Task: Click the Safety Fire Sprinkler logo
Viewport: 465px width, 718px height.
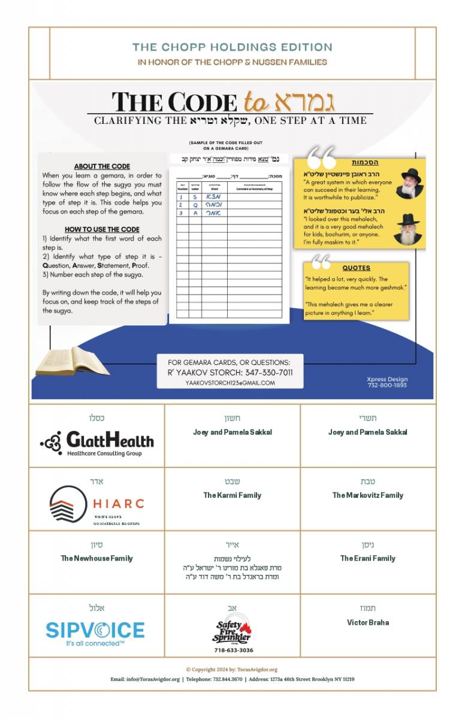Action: tap(233, 631)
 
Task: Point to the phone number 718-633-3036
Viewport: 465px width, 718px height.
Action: tap(233, 650)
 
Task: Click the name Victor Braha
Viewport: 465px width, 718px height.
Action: tap(367, 622)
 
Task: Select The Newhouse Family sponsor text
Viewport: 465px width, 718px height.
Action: tap(96, 558)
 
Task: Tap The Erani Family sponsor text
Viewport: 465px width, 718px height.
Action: tap(367, 558)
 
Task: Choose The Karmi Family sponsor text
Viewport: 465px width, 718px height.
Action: tap(232, 495)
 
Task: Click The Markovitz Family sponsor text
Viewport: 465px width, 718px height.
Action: tap(367, 495)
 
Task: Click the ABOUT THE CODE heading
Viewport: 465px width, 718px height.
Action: tap(102, 166)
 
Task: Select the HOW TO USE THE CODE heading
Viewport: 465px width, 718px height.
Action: tap(102, 229)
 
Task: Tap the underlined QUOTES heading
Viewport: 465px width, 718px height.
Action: tap(356, 268)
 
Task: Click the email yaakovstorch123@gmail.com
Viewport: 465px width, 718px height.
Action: tap(230, 383)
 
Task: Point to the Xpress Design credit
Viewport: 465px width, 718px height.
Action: tap(387, 382)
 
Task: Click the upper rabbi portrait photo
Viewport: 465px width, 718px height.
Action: tap(409, 183)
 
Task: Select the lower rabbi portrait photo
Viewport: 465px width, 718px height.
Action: tap(408, 229)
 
